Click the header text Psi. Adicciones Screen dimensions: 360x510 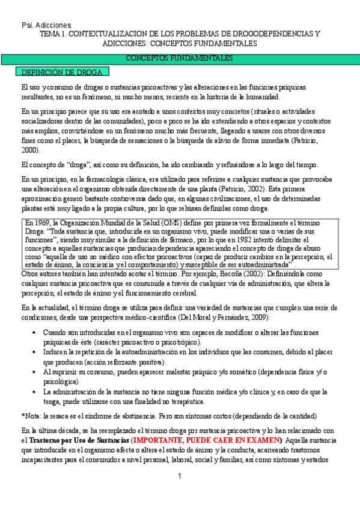coord(46,25)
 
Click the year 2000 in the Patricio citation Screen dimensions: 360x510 coord(30,150)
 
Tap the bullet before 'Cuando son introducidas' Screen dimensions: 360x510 coord(37,333)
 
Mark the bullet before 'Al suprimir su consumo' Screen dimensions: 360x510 coord(37,372)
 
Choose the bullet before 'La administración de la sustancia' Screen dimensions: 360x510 coord(37,392)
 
